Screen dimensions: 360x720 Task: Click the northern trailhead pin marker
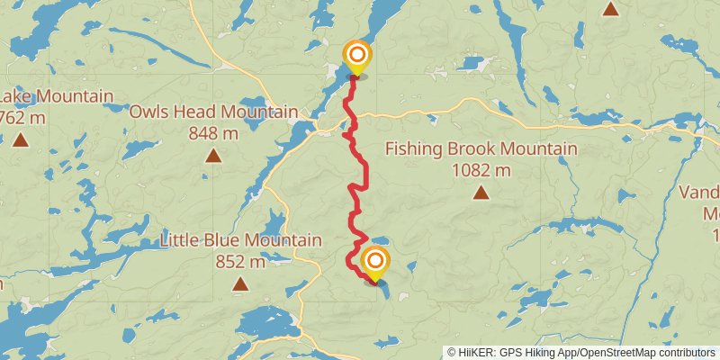pyautogui.click(x=356, y=54)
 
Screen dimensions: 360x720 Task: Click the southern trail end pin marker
pyautogui.click(x=374, y=263)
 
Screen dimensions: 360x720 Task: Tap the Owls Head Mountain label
pyautogui.click(x=213, y=112)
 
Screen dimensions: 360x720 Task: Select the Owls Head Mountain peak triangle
pyautogui.click(x=213, y=156)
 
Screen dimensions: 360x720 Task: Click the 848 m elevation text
pyautogui.click(x=213, y=133)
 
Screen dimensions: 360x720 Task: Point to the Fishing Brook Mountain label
pyautogui.click(x=481, y=149)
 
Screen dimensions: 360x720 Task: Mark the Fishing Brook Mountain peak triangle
pyautogui.click(x=481, y=192)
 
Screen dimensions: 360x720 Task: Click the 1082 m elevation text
pyautogui.click(x=481, y=170)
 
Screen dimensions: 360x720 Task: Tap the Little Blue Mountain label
pyautogui.click(x=240, y=241)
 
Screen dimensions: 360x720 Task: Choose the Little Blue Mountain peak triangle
pyautogui.click(x=240, y=284)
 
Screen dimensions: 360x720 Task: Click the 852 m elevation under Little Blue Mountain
pyautogui.click(x=240, y=262)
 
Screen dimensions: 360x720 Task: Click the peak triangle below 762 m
pyautogui.click(x=20, y=139)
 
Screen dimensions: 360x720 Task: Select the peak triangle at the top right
pyautogui.click(x=611, y=10)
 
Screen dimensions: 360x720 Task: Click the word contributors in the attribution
pyautogui.click(x=685, y=352)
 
